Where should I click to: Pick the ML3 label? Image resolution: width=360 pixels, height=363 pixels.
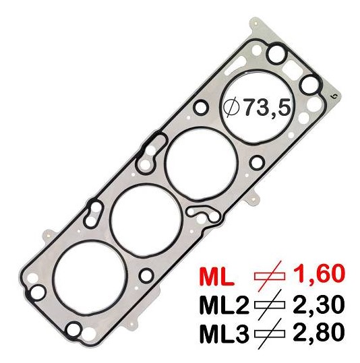point(224,335)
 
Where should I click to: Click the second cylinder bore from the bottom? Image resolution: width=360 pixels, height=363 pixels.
point(144,216)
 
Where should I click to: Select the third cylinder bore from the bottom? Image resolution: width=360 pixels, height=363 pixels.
point(202,160)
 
